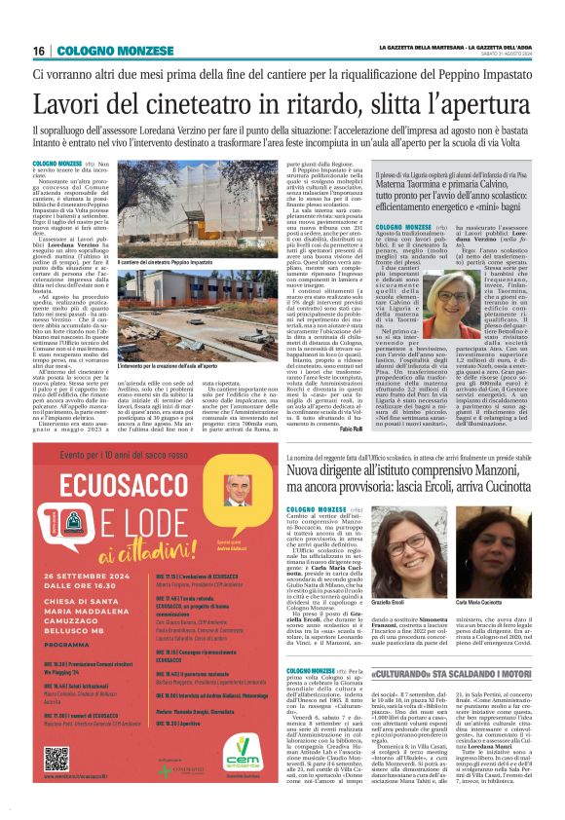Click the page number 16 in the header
39,51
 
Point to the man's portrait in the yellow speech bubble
237,491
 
